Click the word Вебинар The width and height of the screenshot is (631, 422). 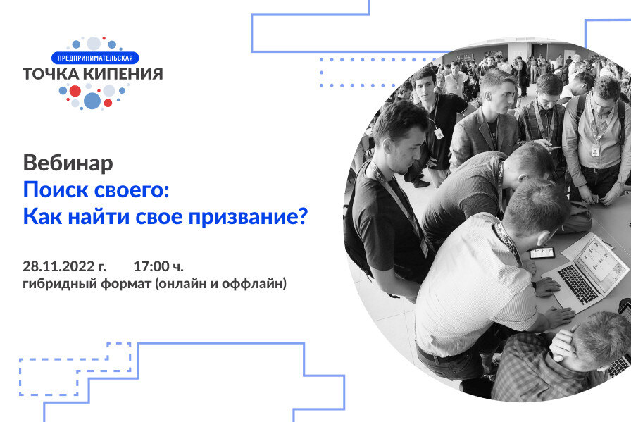[68, 163]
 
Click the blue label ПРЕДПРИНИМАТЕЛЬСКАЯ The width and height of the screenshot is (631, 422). [96, 58]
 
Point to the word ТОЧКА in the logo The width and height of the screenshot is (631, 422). [53, 74]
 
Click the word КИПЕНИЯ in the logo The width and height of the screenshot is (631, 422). [126, 74]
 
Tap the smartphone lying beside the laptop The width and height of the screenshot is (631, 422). [542, 252]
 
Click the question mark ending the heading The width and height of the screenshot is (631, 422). [303, 216]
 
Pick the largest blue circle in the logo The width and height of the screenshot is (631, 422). [92, 101]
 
